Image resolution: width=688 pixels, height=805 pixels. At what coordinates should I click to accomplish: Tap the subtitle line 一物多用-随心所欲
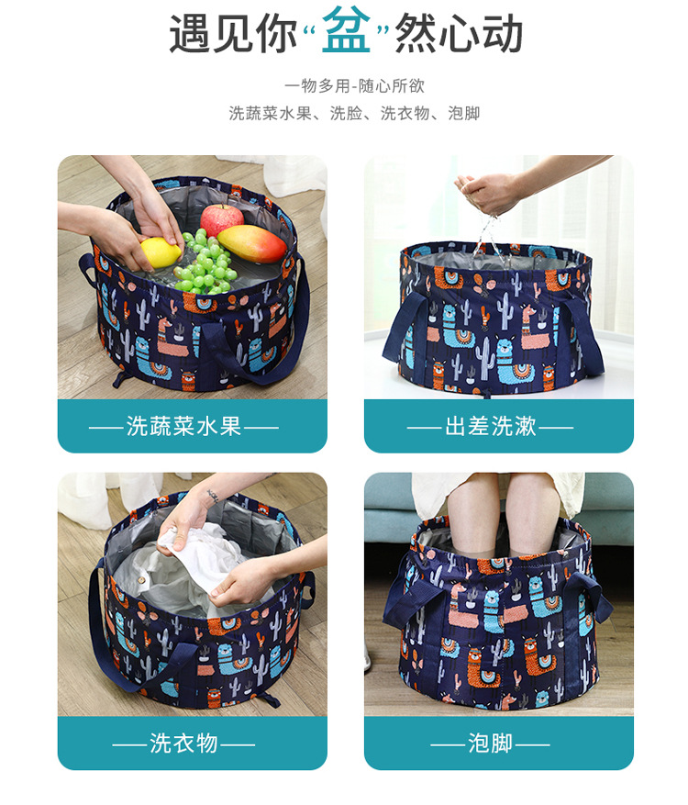click(354, 85)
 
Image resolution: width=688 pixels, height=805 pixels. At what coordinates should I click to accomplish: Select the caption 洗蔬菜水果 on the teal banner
click(183, 426)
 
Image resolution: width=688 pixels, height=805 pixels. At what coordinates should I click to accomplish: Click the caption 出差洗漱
click(491, 426)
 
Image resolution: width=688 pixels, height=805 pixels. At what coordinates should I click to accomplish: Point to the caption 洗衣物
click(183, 743)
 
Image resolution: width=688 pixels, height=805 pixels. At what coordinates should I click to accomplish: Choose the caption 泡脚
click(491, 743)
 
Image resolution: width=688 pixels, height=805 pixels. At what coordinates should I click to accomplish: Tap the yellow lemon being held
click(161, 252)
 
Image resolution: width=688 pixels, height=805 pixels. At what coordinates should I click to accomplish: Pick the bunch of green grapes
click(205, 262)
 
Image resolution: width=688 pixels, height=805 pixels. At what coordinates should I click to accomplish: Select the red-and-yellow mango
click(252, 243)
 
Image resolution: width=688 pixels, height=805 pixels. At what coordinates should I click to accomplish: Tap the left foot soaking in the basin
click(471, 519)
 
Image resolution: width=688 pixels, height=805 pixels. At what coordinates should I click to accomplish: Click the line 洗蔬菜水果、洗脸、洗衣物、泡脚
click(354, 113)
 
